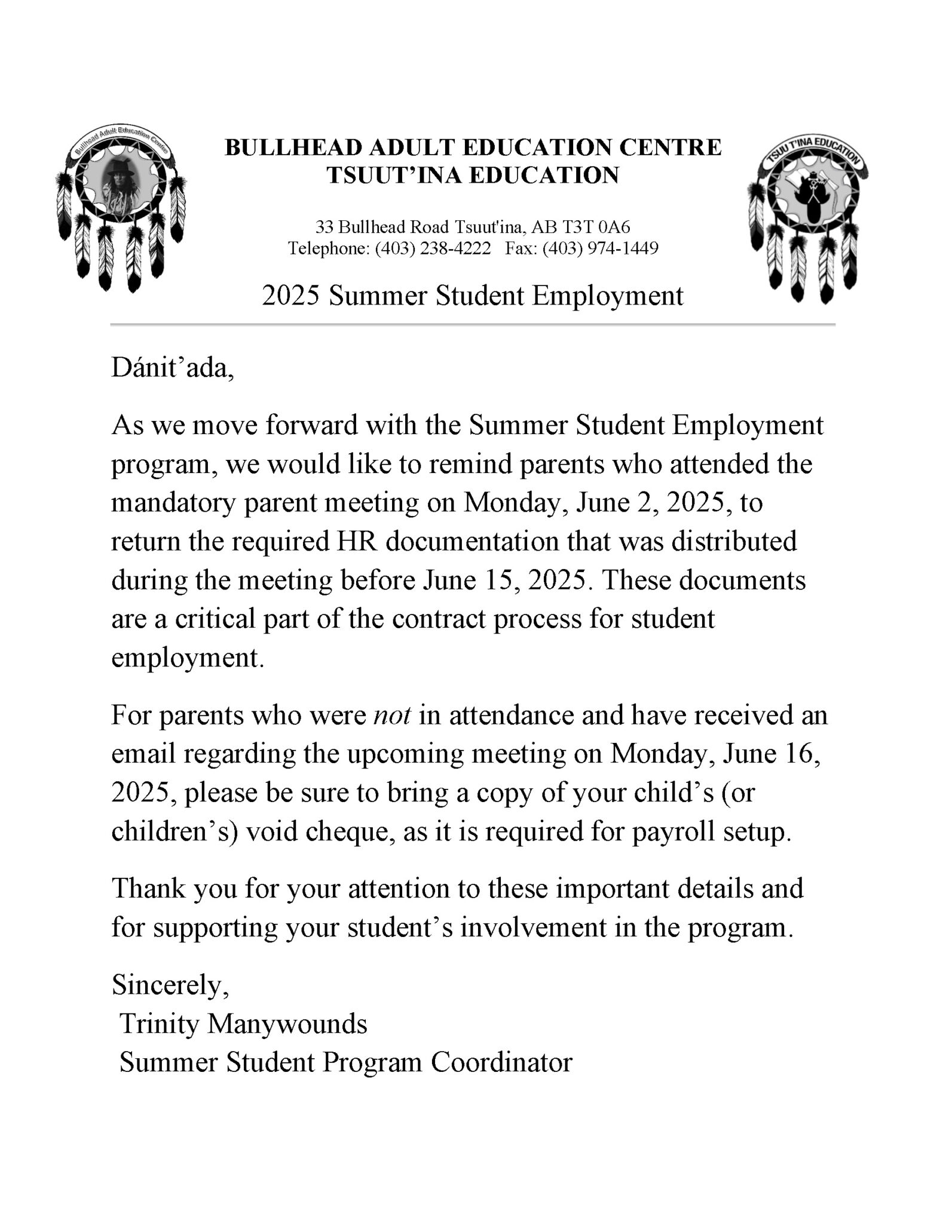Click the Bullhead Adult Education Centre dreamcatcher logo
pyautogui.click(x=120, y=206)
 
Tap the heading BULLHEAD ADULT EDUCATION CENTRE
pyautogui.click(x=473, y=147)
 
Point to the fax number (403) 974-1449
pyautogui.click(x=600, y=248)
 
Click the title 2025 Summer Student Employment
pyautogui.click(x=472, y=296)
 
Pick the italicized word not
pyautogui.click(x=392, y=715)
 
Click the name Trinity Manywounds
pyautogui.click(x=243, y=1024)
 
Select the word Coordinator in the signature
pyautogui.click(x=501, y=1062)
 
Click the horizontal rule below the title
pyautogui.click(x=472, y=325)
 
